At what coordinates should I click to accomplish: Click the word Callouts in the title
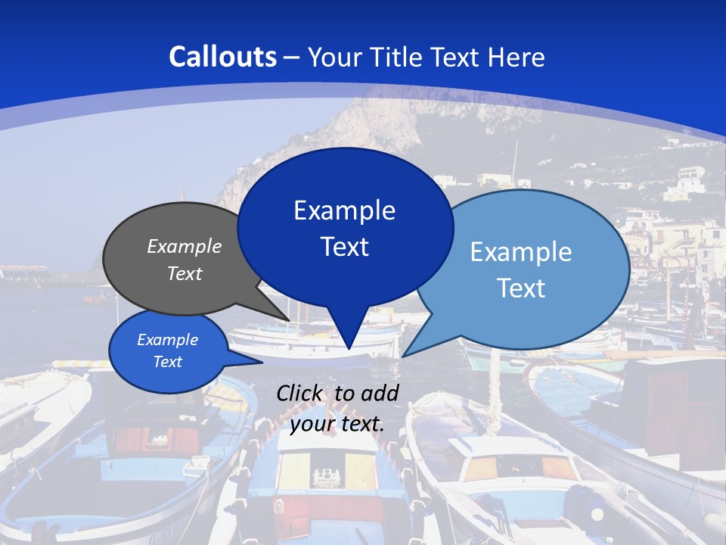click(x=222, y=57)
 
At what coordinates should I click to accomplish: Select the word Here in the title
click(x=516, y=57)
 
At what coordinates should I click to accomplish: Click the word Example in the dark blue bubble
click(x=344, y=210)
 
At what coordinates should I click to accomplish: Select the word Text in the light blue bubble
click(x=521, y=288)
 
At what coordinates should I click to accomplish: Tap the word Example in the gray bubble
click(x=185, y=247)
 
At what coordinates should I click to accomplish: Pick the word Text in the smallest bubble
click(x=167, y=362)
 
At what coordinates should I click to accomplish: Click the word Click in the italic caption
click(x=301, y=393)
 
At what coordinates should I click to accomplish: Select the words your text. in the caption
click(x=337, y=424)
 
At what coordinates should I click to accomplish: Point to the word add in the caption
click(x=380, y=393)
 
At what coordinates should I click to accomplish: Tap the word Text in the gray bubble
click(x=185, y=273)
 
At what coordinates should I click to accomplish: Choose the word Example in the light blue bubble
click(x=521, y=252)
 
